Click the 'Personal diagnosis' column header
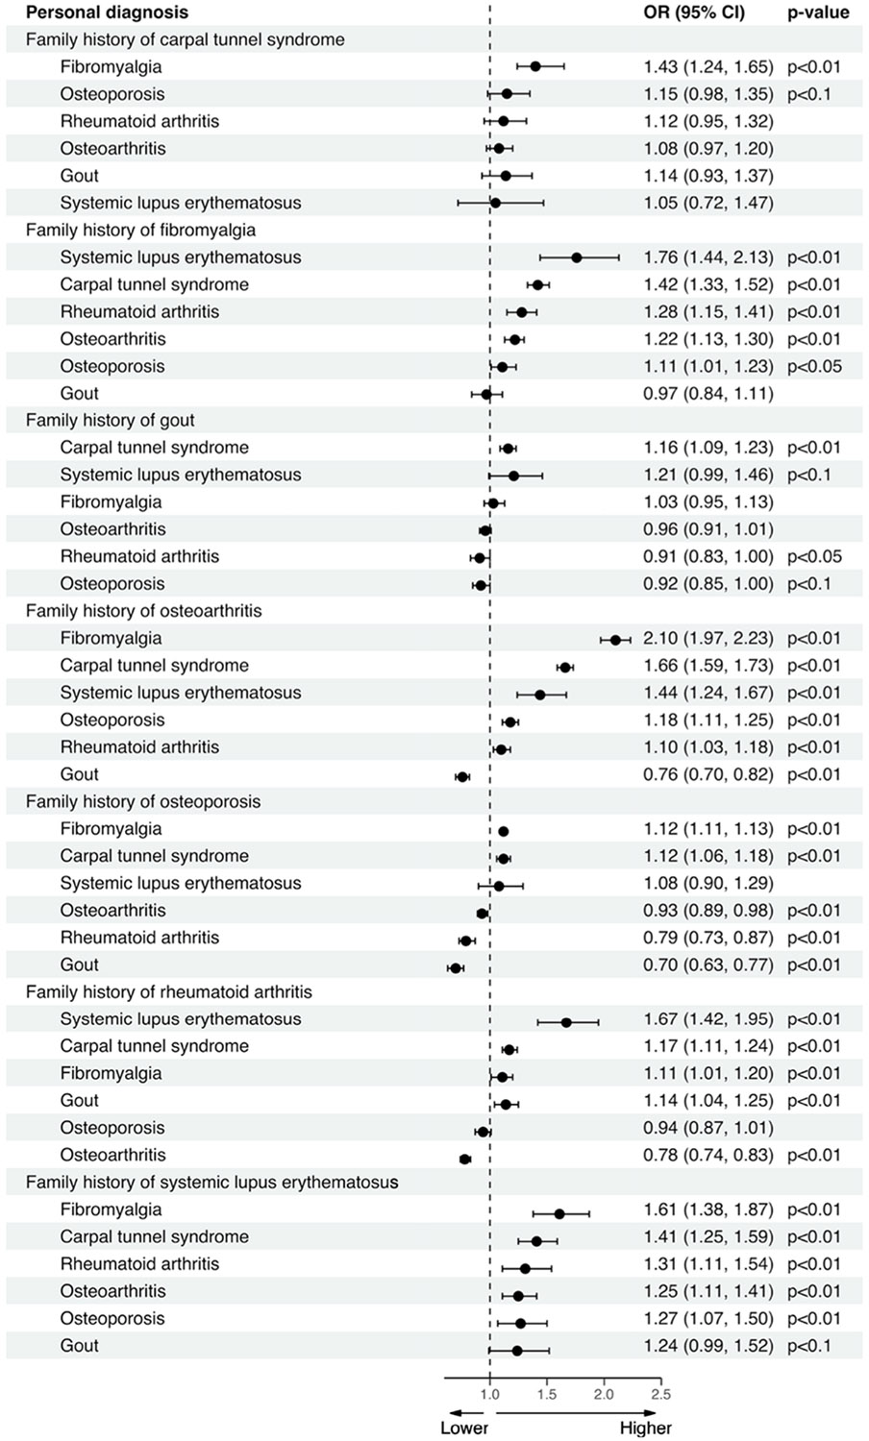click(107, 12)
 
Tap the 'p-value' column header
click(817, 12)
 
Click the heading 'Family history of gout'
click(110, 421)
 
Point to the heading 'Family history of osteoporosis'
click(142, 801)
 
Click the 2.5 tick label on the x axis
click(660, 1394)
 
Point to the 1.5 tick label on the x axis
click(546, 1394)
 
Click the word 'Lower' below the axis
click(464, 1428)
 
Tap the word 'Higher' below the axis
click(646, 1428)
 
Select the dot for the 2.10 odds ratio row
click(615, 639)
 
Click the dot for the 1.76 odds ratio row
click(577, 257)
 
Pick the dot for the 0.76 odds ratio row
click(462, 776)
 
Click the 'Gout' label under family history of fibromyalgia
click(79, 393)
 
